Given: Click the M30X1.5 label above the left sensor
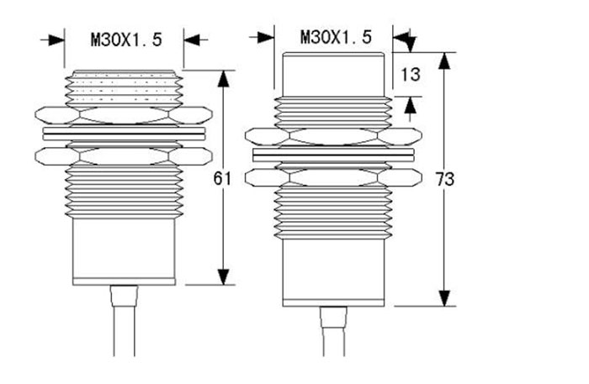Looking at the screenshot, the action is (126, 39).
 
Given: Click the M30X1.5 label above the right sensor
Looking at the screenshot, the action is (336, 37).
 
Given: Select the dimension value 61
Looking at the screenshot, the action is (222, 178).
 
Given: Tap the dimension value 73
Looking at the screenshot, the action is (445, 179).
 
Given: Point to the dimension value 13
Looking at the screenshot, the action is (411, 74).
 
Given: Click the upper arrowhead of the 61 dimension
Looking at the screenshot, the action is (224, 79).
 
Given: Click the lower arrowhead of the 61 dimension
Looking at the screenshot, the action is (224, 276).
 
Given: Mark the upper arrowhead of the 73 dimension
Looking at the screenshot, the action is (445, 60).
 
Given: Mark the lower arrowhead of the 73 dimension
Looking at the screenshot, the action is (445, 297).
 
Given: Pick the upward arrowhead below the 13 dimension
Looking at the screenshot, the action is (411, 104).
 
